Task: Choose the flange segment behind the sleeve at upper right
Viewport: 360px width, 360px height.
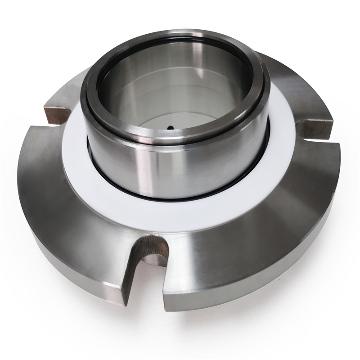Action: pyautogui.click(x=288, y=81)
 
